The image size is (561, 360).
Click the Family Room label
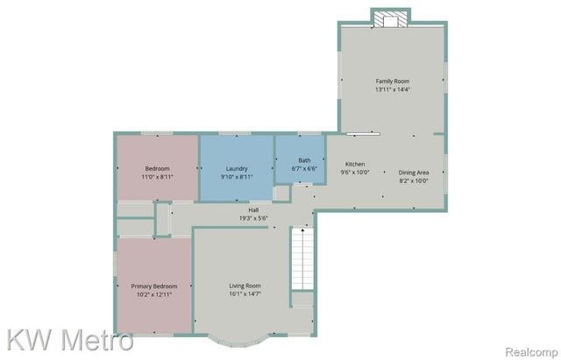click(392, 81)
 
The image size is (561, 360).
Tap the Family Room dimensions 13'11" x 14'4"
click(392, 88)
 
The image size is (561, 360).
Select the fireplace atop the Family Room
click(390, 18)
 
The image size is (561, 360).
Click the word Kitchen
click(355, 164)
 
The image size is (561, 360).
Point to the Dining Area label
click(414, 173)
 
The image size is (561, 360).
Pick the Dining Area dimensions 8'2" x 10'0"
click(414, 180)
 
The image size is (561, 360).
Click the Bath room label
click(304, 160)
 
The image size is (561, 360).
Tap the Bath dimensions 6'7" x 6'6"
click(304, 168)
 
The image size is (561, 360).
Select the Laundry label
click(237, 168)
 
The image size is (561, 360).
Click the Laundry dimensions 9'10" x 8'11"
click(237, 176)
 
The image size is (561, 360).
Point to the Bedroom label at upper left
click(157, 168)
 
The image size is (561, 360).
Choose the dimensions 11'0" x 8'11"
click(157, 176)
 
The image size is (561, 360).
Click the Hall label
click(253, 210)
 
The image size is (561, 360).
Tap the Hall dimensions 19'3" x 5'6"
click(253, 218)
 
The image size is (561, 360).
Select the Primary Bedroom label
click(154, 286)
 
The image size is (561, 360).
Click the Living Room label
click(245, 286)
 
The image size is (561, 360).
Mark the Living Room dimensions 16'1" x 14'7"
click(245, 294)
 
